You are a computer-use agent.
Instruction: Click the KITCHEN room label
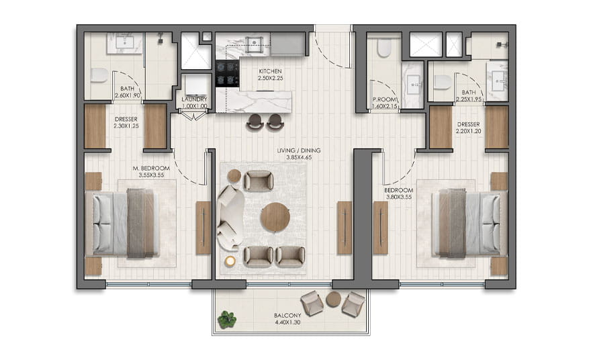click(270, 71)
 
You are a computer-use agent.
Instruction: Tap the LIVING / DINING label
click(298, 150)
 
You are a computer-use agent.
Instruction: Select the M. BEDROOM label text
click(151, 168)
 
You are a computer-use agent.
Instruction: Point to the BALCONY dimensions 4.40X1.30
click(287, 322)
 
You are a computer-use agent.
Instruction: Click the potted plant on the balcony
click(227, 319)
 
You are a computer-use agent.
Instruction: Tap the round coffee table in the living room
click(275, 218)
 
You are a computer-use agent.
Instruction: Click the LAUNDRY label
click(194, 99)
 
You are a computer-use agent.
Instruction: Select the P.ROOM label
click(384, 99)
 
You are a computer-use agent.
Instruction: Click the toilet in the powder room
click(384, 48)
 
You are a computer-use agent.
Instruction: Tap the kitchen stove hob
click(227, 73)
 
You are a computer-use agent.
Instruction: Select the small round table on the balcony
click(334, 300)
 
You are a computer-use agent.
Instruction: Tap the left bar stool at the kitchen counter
click(255, 122)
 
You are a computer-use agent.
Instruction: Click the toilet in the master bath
click(99, 75)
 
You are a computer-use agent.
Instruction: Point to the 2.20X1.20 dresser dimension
click(469, 131)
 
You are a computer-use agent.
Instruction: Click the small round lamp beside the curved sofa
click(230, 261)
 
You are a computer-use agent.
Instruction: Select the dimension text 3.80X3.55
click(398, 197)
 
